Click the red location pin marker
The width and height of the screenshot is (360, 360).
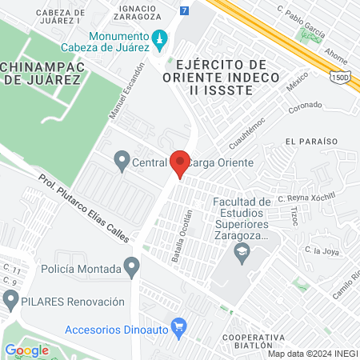click(x=180, y=163)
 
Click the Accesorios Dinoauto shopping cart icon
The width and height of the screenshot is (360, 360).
click(x=179, y=327)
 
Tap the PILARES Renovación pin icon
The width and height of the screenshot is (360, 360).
click(x=11, y=302)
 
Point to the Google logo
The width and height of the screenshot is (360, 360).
click(x=26, y=350)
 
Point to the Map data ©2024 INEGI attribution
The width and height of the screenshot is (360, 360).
click(x=312, y=354)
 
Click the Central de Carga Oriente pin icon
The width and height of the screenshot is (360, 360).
click(x=122, y=162)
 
